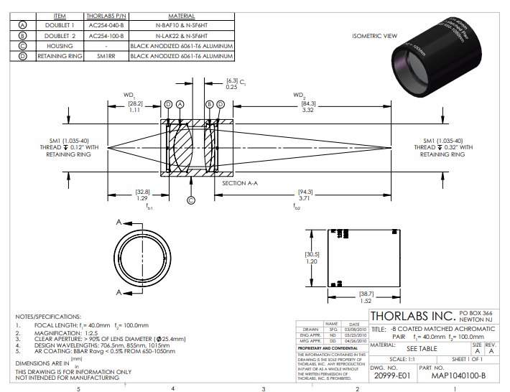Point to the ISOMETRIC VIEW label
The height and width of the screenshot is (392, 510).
(x=375, y=35)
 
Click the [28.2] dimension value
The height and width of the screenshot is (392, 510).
(x=134, y=103)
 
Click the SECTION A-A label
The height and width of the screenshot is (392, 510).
(x=240, y=183)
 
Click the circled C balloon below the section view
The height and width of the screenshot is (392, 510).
(x=191, y=200)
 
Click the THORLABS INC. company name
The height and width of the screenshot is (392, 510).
(x=412, y=316)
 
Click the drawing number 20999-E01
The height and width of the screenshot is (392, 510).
(x=393, y=375)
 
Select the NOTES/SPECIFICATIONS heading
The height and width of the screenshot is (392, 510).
(x=48, y=316)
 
